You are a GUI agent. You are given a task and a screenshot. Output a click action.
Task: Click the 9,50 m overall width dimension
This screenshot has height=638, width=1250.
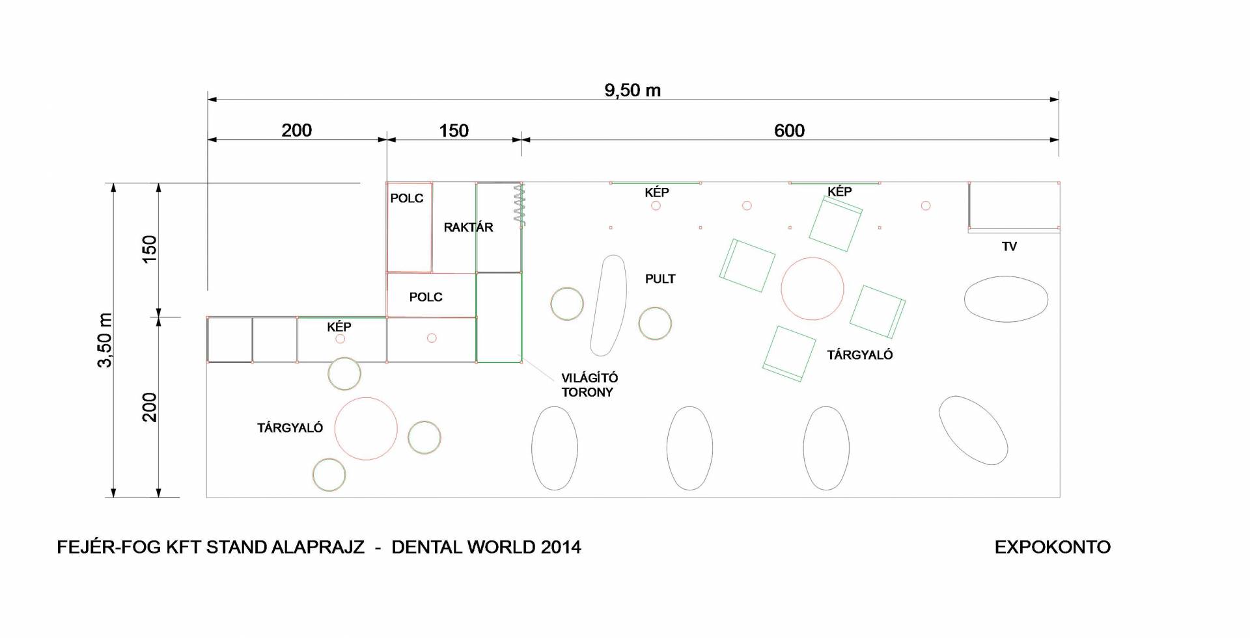[x=632, y=90]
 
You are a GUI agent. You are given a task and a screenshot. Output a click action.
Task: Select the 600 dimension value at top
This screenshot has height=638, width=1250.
[x=789, y=131]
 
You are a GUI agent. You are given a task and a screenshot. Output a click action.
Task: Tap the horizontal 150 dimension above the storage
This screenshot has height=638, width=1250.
[x=454, y=131]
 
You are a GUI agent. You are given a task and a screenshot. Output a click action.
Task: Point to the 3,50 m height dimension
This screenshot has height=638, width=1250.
[x=105, y=340]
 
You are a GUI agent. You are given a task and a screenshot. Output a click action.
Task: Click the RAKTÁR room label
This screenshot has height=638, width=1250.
[x=468, y=228]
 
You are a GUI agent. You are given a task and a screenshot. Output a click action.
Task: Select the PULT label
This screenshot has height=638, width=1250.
[x=660, y=279]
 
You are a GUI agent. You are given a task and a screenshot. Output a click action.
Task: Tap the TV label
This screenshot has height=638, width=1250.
[x=1009, y=246]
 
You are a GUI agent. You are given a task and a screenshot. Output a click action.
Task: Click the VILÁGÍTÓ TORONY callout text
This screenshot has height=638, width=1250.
[x=589, y=385]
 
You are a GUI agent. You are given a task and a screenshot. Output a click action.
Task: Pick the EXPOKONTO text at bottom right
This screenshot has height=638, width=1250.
[x=1053, y=547]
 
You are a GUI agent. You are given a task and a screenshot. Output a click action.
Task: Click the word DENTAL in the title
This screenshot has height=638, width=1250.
[x=427, y=547]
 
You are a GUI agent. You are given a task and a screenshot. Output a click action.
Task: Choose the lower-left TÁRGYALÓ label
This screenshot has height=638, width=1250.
[x=290, y=427]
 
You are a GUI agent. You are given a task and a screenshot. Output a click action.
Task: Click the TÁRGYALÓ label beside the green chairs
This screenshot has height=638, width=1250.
[x=860, y=354]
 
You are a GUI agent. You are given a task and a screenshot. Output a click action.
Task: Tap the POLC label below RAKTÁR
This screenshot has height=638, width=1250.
[x=426, y=297]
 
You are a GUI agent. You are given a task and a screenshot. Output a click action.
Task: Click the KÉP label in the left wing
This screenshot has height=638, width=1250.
[x=339, y=326]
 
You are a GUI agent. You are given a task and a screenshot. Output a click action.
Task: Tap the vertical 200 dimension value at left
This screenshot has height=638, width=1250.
[x=150, y=407]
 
